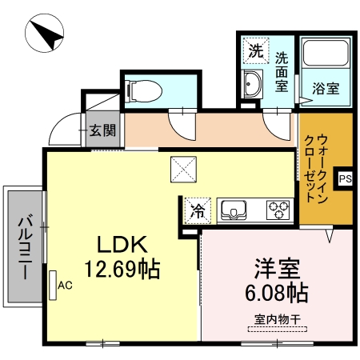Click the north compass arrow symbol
[47, 35]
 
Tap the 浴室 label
[326, 88]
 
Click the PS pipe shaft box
[345, 178]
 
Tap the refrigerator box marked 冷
[197, 212]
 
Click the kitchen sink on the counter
[235, 210]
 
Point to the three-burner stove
[278, 210]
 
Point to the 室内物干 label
[277, 319]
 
